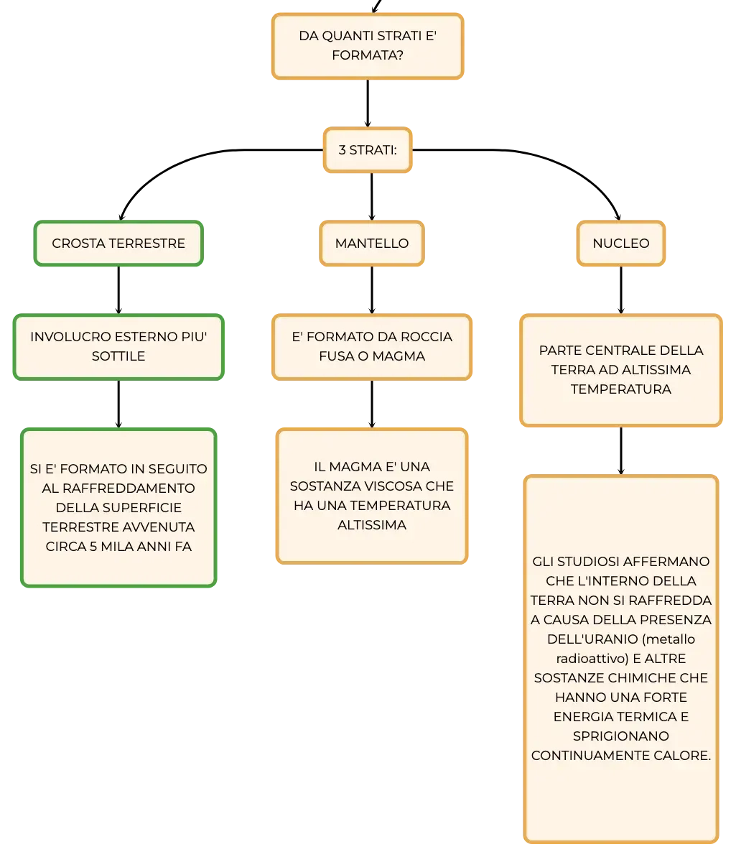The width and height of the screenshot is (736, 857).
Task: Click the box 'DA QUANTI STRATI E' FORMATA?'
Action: click(368, 46)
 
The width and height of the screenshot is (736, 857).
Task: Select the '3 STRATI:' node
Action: click(368, 149)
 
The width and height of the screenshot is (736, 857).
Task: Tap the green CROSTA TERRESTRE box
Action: click(118, 244)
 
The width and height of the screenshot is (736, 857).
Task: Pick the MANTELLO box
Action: click(371, 244)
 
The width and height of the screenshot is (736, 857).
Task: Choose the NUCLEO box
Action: click(620, 244)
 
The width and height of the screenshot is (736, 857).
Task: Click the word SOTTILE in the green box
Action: click(118, 356)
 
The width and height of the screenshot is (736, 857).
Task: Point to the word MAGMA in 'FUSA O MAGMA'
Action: click(399, 356)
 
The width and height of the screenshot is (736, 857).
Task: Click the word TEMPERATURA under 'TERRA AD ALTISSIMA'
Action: click(620, 389)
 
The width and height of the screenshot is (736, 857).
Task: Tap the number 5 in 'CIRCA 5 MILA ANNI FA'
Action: click(93, 547)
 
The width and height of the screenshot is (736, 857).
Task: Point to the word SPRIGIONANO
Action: click(620, 736)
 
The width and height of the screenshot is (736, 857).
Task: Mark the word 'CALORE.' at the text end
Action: click(684, 755)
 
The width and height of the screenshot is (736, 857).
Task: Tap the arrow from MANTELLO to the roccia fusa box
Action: click(372, 290)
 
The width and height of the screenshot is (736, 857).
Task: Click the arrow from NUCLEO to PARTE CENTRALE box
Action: click(620, 290)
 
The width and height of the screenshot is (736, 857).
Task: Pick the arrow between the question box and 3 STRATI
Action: click(368, 103)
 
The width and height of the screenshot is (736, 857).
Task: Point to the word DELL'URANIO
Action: click(592, 639)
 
